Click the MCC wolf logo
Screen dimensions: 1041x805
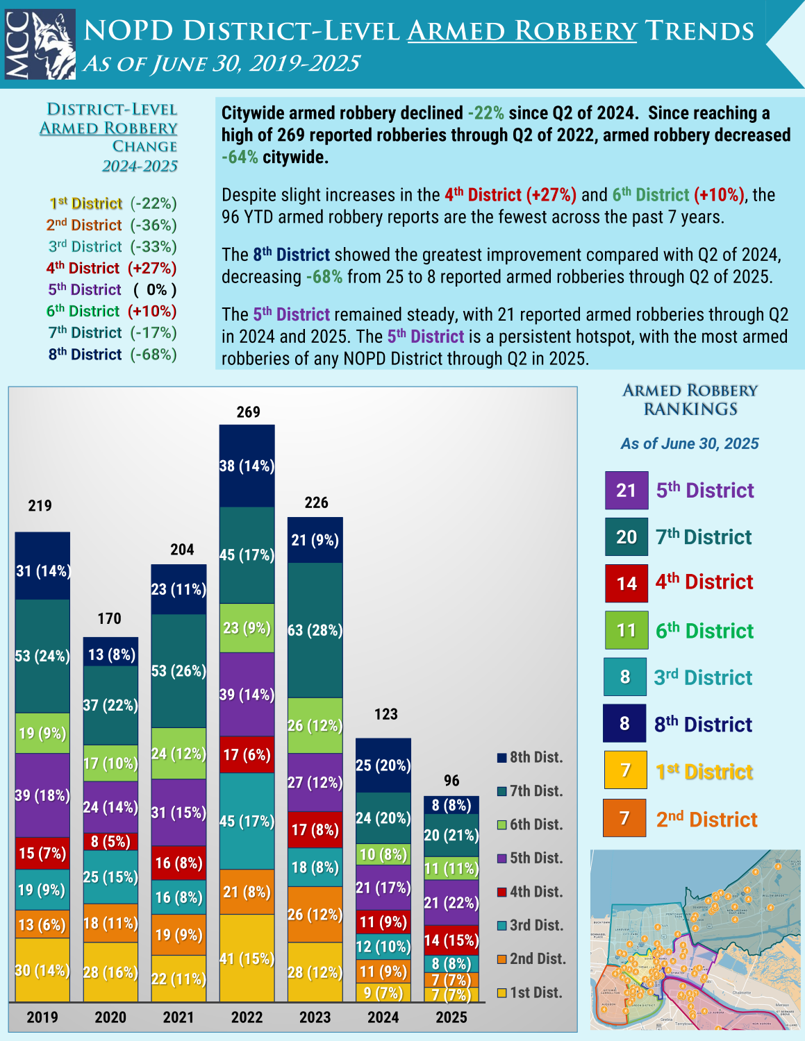tap(40, 44)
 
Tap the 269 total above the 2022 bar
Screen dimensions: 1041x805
tap(248, 412)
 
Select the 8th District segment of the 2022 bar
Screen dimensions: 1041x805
tap(247, 466)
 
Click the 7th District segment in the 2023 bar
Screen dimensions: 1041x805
tap(315, 630)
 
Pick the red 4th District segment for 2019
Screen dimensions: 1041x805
tap(42, 853)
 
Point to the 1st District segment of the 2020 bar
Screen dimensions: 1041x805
tap(110, 972)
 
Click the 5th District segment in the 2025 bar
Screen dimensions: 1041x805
tap(451, 902)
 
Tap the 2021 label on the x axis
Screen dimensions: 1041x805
tap(179, 1017)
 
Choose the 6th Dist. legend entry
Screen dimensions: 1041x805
tap(529, 824)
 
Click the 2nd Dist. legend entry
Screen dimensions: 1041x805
tap(531, 959)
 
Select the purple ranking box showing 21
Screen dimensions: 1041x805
tap(626, 491)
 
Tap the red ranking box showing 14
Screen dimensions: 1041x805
tap(626, 583)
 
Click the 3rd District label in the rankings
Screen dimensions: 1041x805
tap(703, 677)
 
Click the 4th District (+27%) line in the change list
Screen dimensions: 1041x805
tap(111, 268)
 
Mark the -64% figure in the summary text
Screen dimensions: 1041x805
tap(240, 157)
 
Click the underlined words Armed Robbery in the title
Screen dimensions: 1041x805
tap(522, 31)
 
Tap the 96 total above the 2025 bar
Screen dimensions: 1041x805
tap(451, 781)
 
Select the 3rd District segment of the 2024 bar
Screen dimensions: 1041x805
tap(383, 946)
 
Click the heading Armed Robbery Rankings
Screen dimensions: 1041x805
tap(690, 400)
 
